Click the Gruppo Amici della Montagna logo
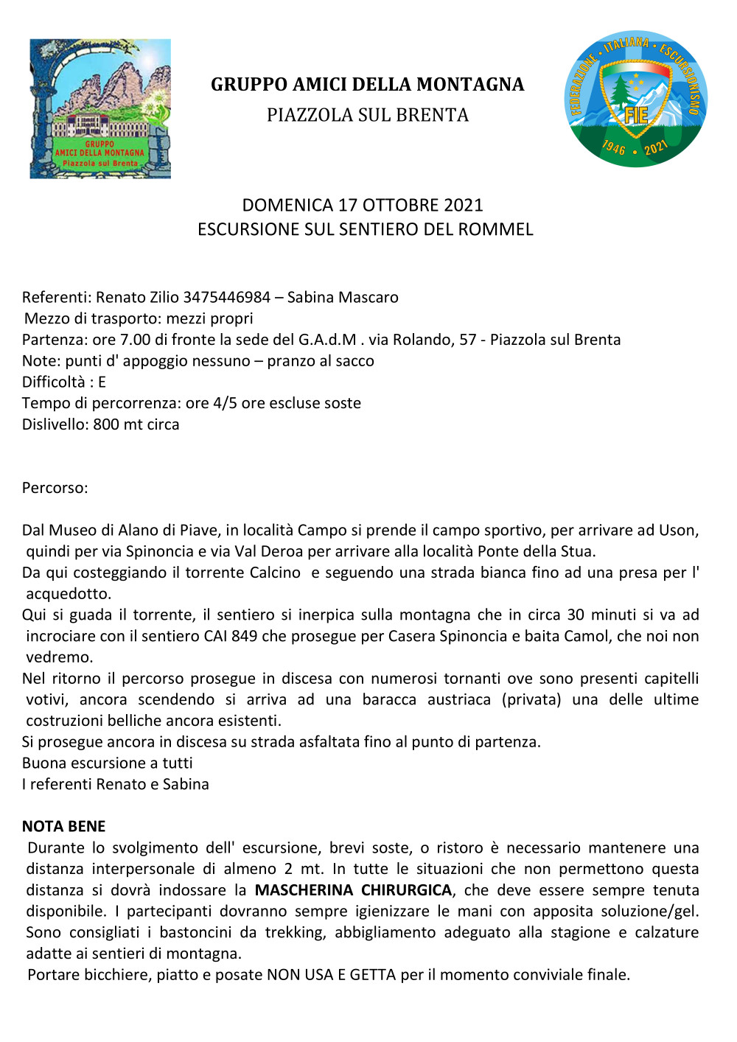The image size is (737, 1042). pos(100,108)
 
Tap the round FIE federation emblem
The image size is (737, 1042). pos(636,99)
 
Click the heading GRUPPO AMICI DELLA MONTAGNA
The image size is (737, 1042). pos(367,85)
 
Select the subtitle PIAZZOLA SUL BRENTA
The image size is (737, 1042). pos(367,115)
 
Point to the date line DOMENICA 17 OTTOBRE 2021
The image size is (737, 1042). pos(363,205)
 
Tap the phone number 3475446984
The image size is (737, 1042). pos(227,297)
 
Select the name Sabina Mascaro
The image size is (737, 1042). pos(343,297)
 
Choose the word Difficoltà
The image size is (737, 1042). pos(54,382)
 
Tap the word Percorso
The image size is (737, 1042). pos(54,488)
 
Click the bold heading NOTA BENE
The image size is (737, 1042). pos(64,826)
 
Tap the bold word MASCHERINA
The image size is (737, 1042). pos(304,890)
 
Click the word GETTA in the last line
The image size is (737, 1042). pos(373,975)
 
